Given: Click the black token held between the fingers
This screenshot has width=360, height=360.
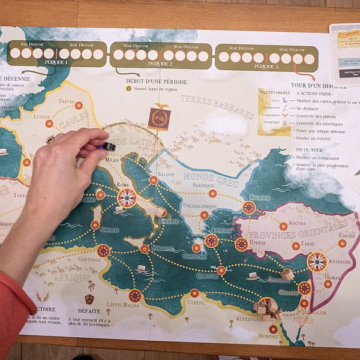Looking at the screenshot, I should (109, 146).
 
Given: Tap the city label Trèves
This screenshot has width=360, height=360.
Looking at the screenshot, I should (67, 101).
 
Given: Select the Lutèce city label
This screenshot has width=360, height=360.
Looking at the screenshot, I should (42, 116).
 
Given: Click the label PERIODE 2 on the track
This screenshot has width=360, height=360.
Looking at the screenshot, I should (160, 64).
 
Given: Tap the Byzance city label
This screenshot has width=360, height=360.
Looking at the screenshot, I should (259, 197).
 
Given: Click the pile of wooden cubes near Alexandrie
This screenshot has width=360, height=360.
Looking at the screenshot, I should (267, 307).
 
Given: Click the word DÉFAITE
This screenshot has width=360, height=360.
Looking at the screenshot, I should (89, 312).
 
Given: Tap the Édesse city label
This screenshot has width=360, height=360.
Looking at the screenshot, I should (346, 236).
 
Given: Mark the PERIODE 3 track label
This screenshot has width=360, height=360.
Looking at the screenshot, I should (266, 64).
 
